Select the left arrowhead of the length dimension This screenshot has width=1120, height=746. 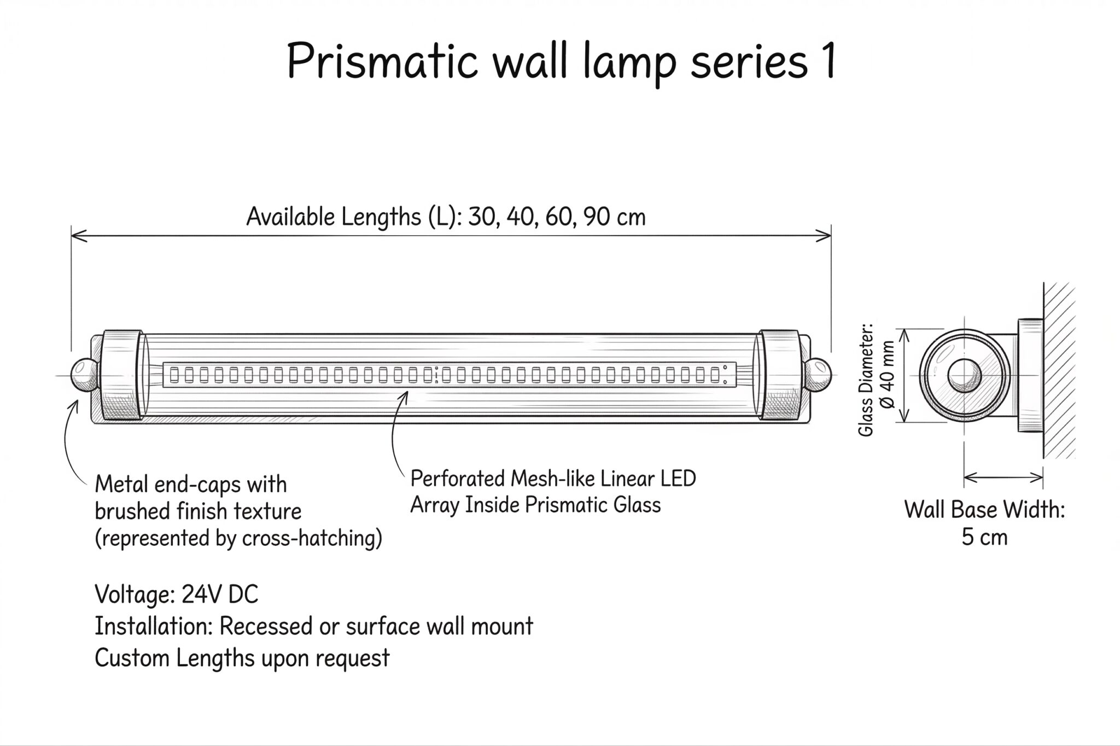80,236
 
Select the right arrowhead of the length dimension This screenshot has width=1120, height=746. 823,236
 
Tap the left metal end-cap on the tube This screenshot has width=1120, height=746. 122,375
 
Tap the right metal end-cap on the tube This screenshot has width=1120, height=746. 779,375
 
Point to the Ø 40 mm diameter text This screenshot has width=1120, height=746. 887,375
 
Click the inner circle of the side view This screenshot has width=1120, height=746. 964,376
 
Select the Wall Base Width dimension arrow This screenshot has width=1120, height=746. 1003,478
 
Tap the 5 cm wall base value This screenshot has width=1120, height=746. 984,538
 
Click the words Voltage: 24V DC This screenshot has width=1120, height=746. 176,595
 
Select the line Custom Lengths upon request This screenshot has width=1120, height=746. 242,658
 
